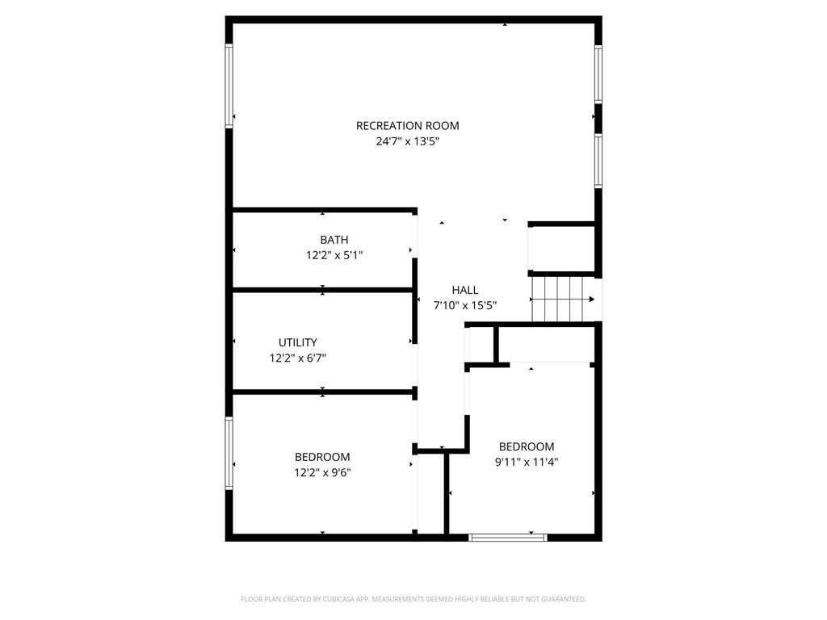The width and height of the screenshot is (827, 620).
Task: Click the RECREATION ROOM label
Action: pos(407,126)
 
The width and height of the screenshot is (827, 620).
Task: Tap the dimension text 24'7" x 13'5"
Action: pos(407,141)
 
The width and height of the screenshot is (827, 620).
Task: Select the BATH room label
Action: pos(334,240)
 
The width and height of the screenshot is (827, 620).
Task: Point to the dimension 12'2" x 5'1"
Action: pos(334,255)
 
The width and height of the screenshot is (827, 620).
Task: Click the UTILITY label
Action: pos(298,342)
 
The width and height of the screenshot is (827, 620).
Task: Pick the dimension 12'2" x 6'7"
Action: pos(298,358)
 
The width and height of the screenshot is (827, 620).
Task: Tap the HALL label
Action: pos(464,290)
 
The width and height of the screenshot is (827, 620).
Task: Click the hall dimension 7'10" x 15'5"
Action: pos(464,305)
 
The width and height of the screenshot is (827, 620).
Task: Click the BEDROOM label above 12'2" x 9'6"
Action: pos(321,457)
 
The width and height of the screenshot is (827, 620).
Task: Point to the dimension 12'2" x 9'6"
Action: pos(321,472)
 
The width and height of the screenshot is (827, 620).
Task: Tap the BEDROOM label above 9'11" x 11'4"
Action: pos(526,447)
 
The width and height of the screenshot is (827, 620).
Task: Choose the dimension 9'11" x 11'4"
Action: pos(526,463)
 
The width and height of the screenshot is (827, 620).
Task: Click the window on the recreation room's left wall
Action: pos(229,86)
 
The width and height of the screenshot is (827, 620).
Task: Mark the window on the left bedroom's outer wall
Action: pos(229,453)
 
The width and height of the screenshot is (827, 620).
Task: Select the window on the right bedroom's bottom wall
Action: pos(508,537)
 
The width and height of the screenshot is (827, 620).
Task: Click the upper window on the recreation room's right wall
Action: pos(598,74)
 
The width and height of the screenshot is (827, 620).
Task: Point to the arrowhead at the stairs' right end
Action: pos(592,300)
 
